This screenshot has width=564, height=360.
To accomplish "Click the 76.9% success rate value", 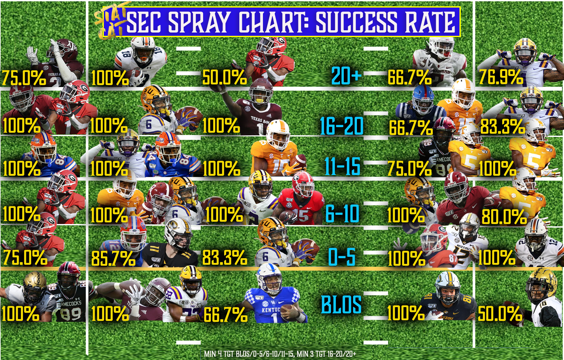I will click(500, 78).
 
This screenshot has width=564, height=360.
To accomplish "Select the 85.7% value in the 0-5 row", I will click(113, 258).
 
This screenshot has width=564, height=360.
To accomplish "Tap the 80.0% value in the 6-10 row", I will click(504, 217).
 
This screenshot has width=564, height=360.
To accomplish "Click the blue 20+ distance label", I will click(346, 76).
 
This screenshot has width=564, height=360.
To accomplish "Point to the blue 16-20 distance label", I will click(341, 126).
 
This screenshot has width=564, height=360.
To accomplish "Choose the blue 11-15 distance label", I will click(342, 167).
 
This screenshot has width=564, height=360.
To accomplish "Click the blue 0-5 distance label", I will click(342, 257).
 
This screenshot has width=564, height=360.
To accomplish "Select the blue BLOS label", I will click(341, 305).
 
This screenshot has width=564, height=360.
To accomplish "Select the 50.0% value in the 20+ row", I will click(224, 78).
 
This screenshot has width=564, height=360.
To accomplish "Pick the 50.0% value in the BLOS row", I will click(500, 314).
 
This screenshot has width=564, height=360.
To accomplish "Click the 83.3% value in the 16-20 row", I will click(502, 127).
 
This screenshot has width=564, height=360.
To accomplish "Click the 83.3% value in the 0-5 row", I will click(224, 258).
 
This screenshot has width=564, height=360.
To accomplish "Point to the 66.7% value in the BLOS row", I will click(225, 315).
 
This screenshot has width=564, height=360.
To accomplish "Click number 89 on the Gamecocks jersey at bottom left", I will click(71, 314).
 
